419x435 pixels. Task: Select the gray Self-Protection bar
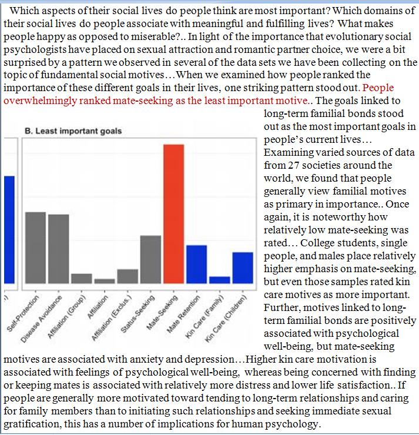point(35,247)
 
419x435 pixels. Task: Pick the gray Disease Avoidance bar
point(58,249)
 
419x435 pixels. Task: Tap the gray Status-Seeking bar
point(150,259)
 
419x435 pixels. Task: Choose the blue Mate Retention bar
point(196,264)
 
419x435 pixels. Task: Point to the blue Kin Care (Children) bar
point(242,267)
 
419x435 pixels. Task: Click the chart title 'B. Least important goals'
point(73,130)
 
